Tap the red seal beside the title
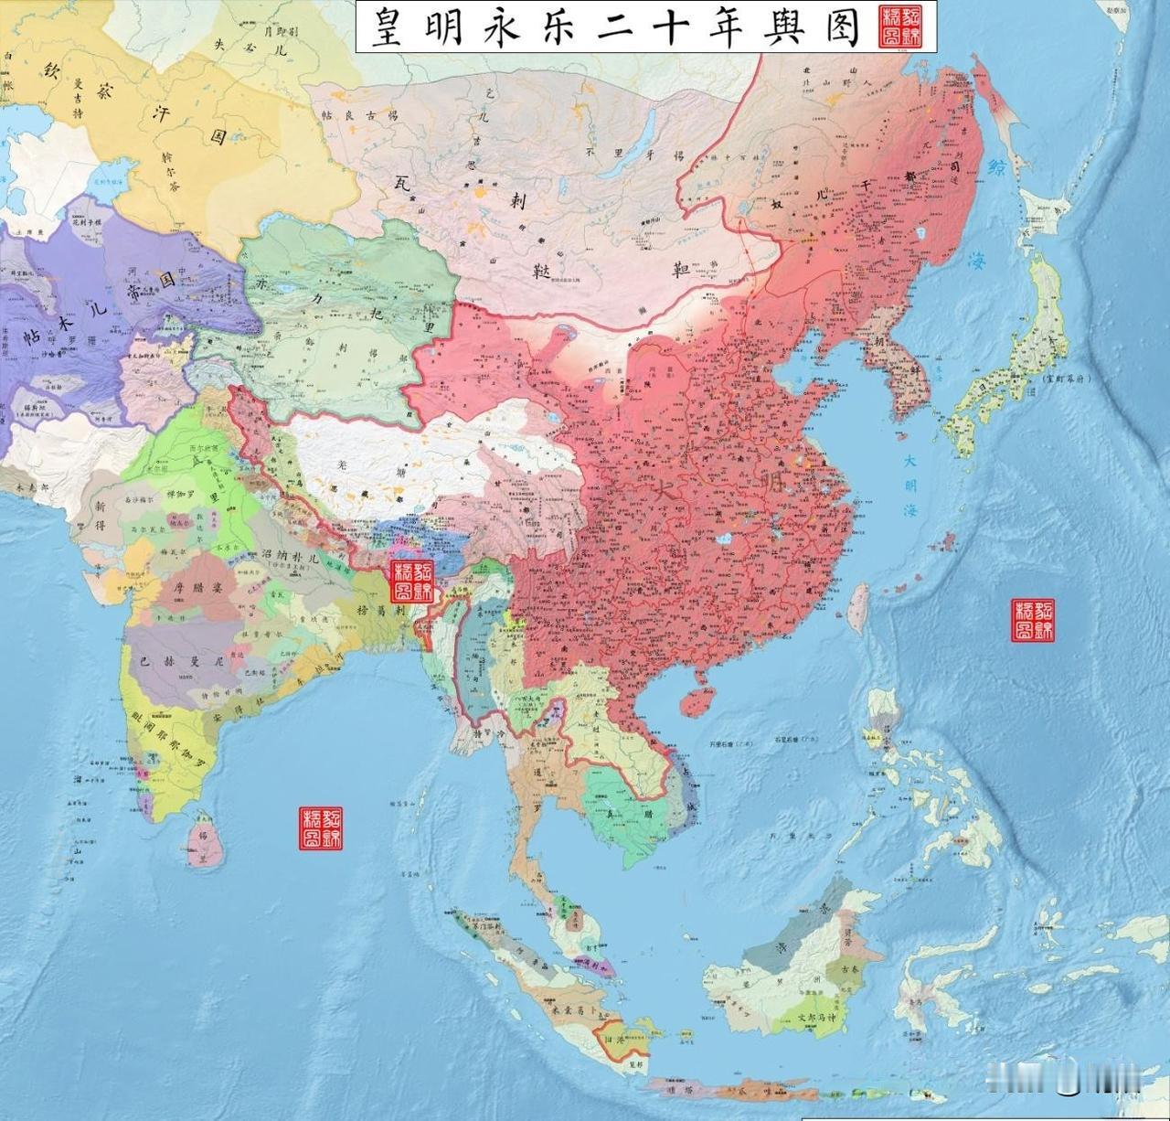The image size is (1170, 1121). tap(900, 28)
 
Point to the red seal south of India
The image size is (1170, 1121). tap(322, 828)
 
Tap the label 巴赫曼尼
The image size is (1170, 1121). tap(173, 657)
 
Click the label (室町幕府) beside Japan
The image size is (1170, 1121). tap(1069, 377)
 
